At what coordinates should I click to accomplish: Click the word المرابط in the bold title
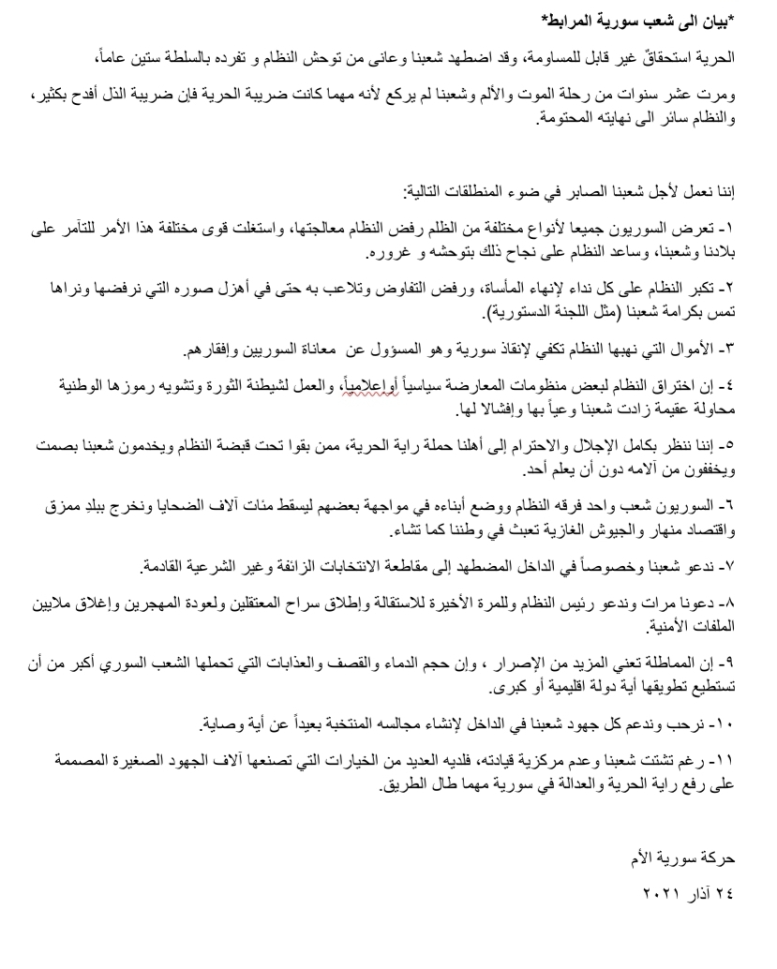tap(575, 21)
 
